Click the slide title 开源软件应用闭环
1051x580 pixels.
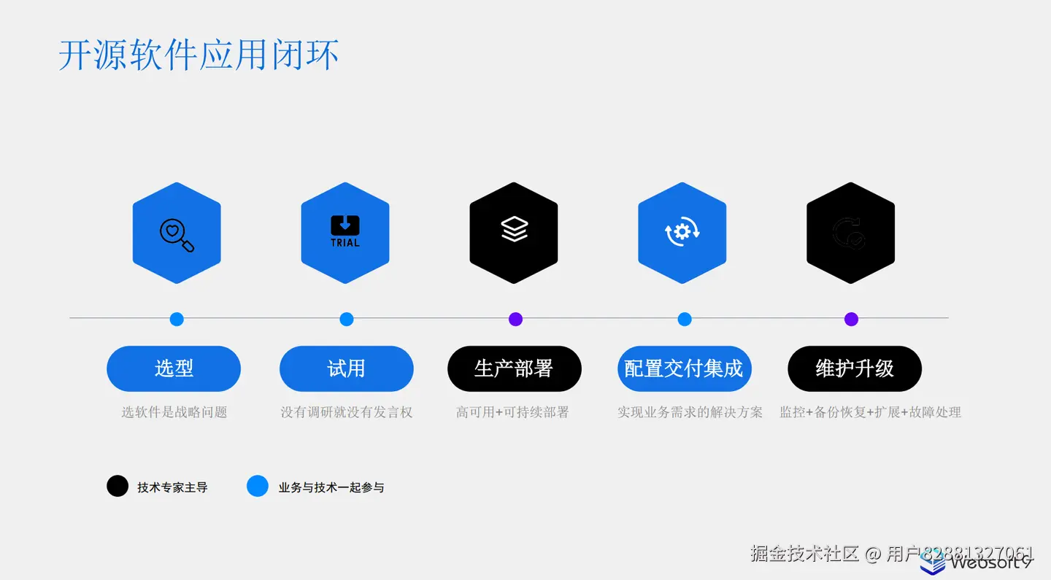tap(199, 55)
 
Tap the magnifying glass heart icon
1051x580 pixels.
tap(177, 234)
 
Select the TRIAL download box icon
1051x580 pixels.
tap(345, 231)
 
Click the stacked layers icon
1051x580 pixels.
tap(514, 230)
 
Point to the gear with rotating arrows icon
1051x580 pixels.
tap(682, 232)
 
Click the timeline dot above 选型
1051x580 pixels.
tap(177, 319)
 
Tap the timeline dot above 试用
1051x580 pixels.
tap(347, 319)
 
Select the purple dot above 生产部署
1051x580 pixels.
tap(515, 319)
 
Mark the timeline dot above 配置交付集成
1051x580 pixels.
tap(685, 319)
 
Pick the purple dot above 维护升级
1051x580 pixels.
tap(851, 319)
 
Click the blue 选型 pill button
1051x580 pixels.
tap(174, 368)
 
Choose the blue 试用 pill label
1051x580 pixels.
tap(347, 368)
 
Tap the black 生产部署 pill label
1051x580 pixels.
tap(514, 368)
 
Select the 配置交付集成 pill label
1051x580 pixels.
tap(684, 368)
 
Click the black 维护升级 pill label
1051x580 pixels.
tap(855, 368)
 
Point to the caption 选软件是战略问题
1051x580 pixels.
tap(174, 412)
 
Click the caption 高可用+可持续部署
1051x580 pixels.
tap(512, 412)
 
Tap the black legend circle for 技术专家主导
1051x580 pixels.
tap(118, 486)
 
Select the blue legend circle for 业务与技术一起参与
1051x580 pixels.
tap(258, 486)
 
